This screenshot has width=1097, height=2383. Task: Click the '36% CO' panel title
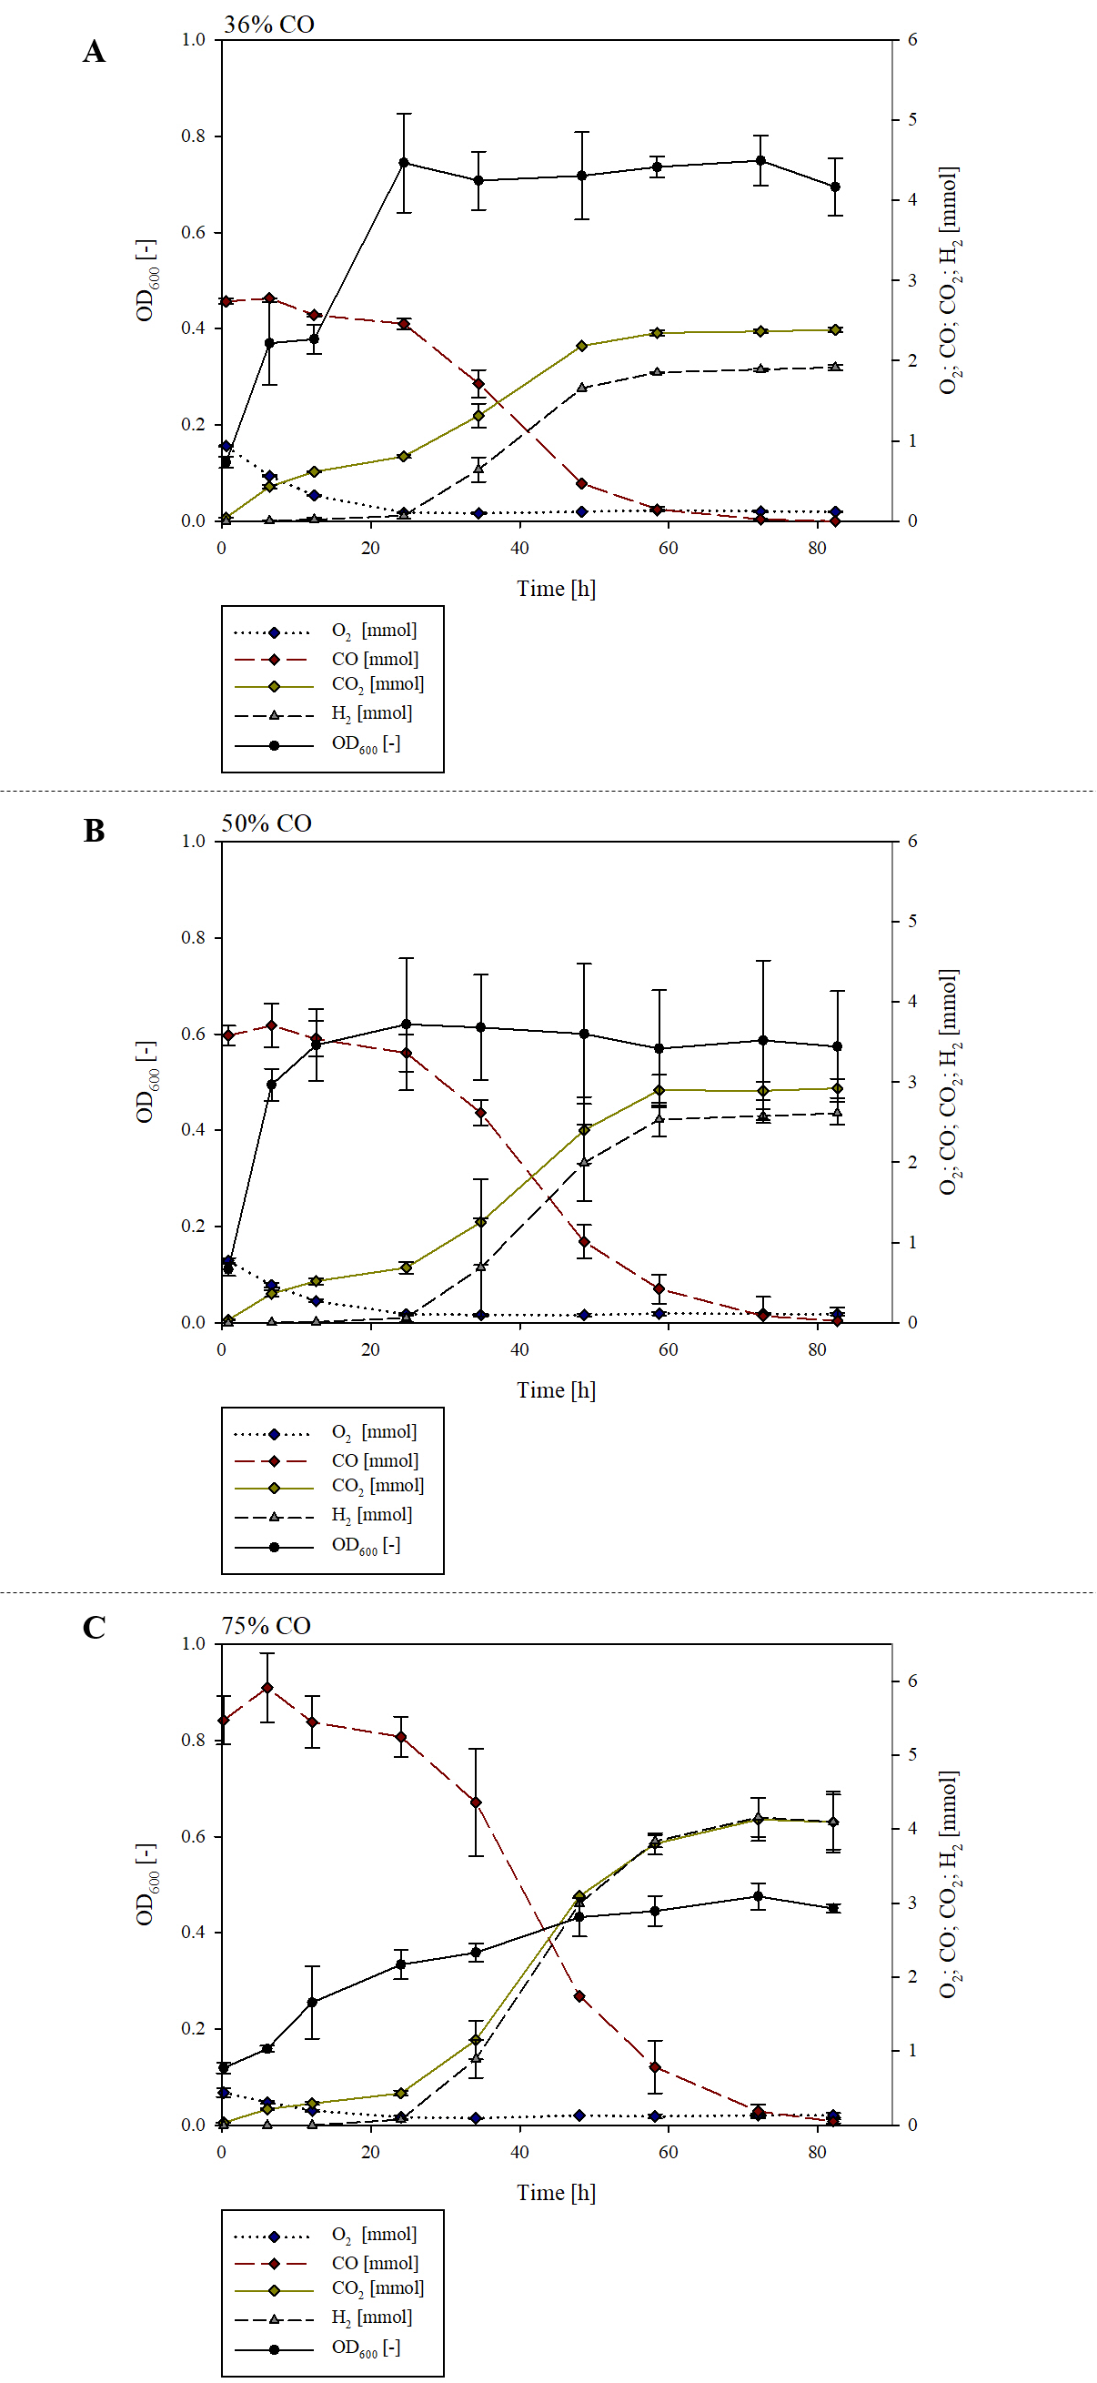tap(268, 25)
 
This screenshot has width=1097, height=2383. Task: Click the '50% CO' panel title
tap(267, 823)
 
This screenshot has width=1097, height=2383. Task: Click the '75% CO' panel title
tap(266, 1625)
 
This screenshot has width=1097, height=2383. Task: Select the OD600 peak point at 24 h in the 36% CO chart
tap(403, 163)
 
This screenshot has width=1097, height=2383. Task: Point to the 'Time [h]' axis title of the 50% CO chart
tap(556, 1389)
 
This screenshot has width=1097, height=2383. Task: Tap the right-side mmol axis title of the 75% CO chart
tap(949, 1884)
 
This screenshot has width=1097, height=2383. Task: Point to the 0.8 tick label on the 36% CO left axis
tap(194, 136)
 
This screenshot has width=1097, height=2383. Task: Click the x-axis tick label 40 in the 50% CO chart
tap(519, 1349)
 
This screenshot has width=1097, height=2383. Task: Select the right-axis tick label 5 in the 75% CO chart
tap(912, 1754)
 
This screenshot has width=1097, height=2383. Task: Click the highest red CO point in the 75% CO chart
tap(267, 1687)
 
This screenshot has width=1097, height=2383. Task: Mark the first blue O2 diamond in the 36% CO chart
tap(226, 447)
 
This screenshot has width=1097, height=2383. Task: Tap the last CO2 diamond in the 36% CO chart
tap(834, 329)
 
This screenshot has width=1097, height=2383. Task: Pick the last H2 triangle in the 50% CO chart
tap(836, 1113)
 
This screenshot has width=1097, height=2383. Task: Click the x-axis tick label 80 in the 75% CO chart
tap(817, 2152)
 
